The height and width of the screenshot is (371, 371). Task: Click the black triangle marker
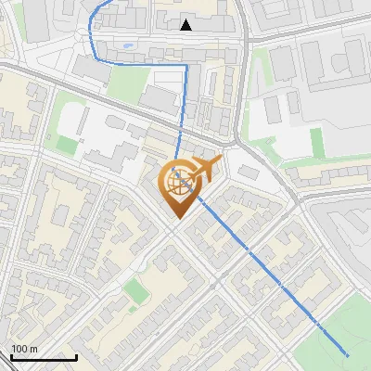coord(186,25)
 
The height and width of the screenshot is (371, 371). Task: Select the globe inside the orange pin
coord(178,181)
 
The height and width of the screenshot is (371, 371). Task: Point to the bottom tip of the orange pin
coord(176,218)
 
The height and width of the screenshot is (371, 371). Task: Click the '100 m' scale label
coord(25,348)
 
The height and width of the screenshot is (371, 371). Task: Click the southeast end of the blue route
coord(347,354)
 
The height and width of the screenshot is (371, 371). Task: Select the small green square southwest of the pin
coord(136,291)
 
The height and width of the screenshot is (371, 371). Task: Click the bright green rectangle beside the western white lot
coord(66,144)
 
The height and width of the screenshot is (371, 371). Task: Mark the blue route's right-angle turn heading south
coord(185,66)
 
